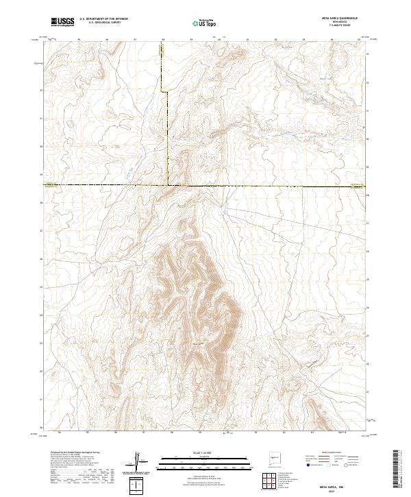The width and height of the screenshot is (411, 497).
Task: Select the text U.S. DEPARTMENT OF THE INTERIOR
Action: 103,20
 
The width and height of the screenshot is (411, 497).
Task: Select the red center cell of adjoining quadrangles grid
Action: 270,482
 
